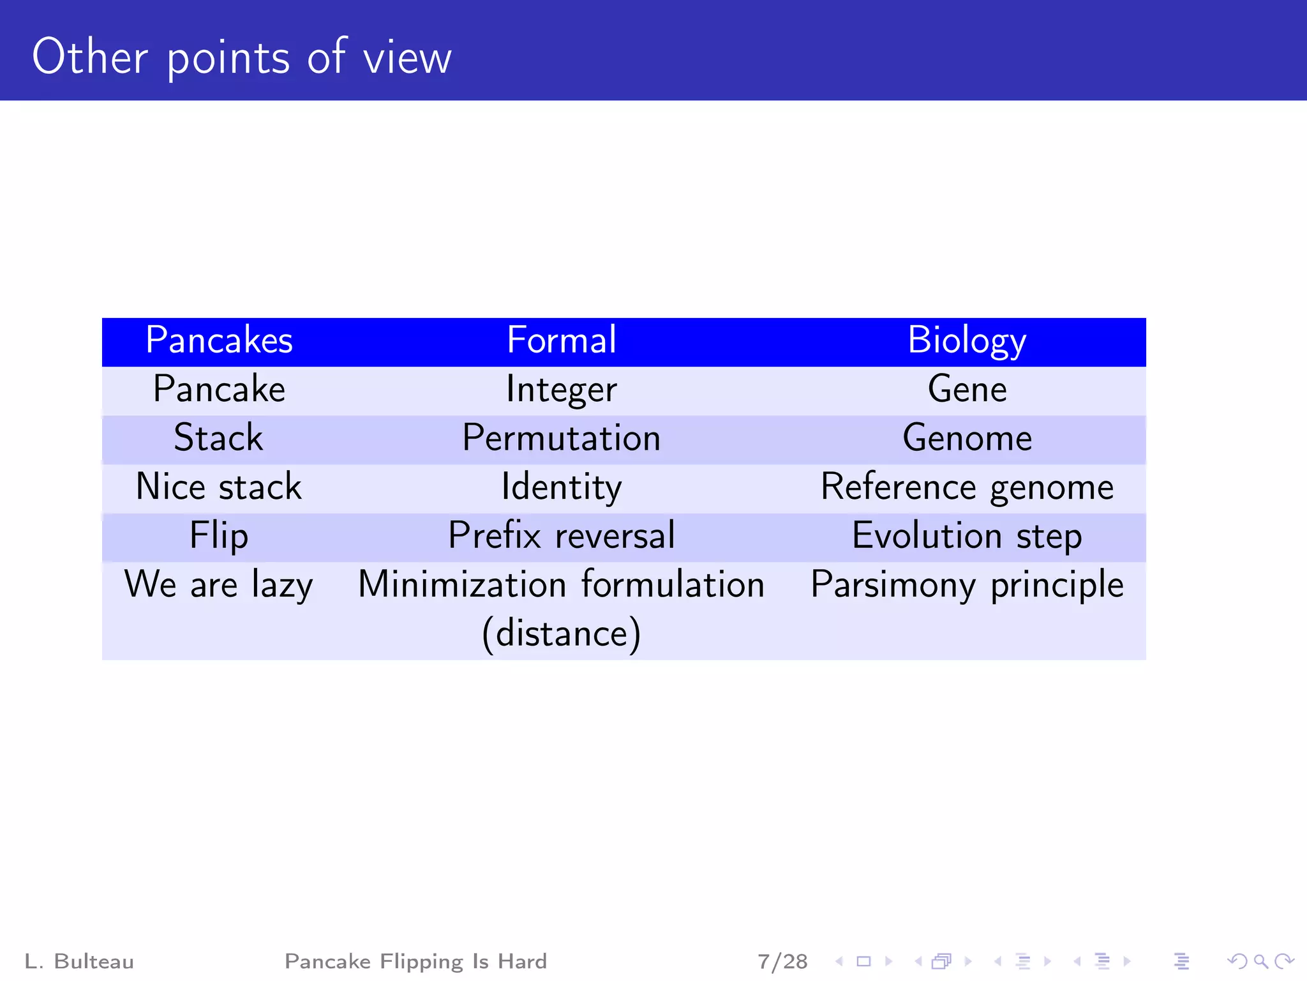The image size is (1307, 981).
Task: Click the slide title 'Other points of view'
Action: point(242,57)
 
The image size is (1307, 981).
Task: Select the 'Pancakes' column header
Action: point(219,340)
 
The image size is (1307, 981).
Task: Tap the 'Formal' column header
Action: point(561,340)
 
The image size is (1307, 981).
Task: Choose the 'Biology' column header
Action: point(967,340)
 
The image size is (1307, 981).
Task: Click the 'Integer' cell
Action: point(561,390)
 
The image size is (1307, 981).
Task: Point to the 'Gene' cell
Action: point(967,390)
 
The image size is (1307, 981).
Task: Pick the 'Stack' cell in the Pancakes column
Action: point(219,439)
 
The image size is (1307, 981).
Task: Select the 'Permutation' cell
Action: point(561,439)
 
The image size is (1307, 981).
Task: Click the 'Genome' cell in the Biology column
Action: point(967,439)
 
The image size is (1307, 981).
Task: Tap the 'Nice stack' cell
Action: point(219,487)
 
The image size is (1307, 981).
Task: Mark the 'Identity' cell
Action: point(561,487)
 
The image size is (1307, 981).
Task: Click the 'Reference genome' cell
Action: point(967,487)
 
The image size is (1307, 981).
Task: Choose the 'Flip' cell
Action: point(219,536)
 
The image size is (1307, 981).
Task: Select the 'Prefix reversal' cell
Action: point(561,536)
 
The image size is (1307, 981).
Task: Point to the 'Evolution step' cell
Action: point(967,536)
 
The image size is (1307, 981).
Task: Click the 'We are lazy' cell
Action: point(219,585)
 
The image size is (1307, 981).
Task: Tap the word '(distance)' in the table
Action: point(561,634)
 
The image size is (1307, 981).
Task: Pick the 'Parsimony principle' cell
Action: point(967,585)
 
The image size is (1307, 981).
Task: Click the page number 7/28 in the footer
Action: point(782,961)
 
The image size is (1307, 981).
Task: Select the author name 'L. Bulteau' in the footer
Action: point(79,961)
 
